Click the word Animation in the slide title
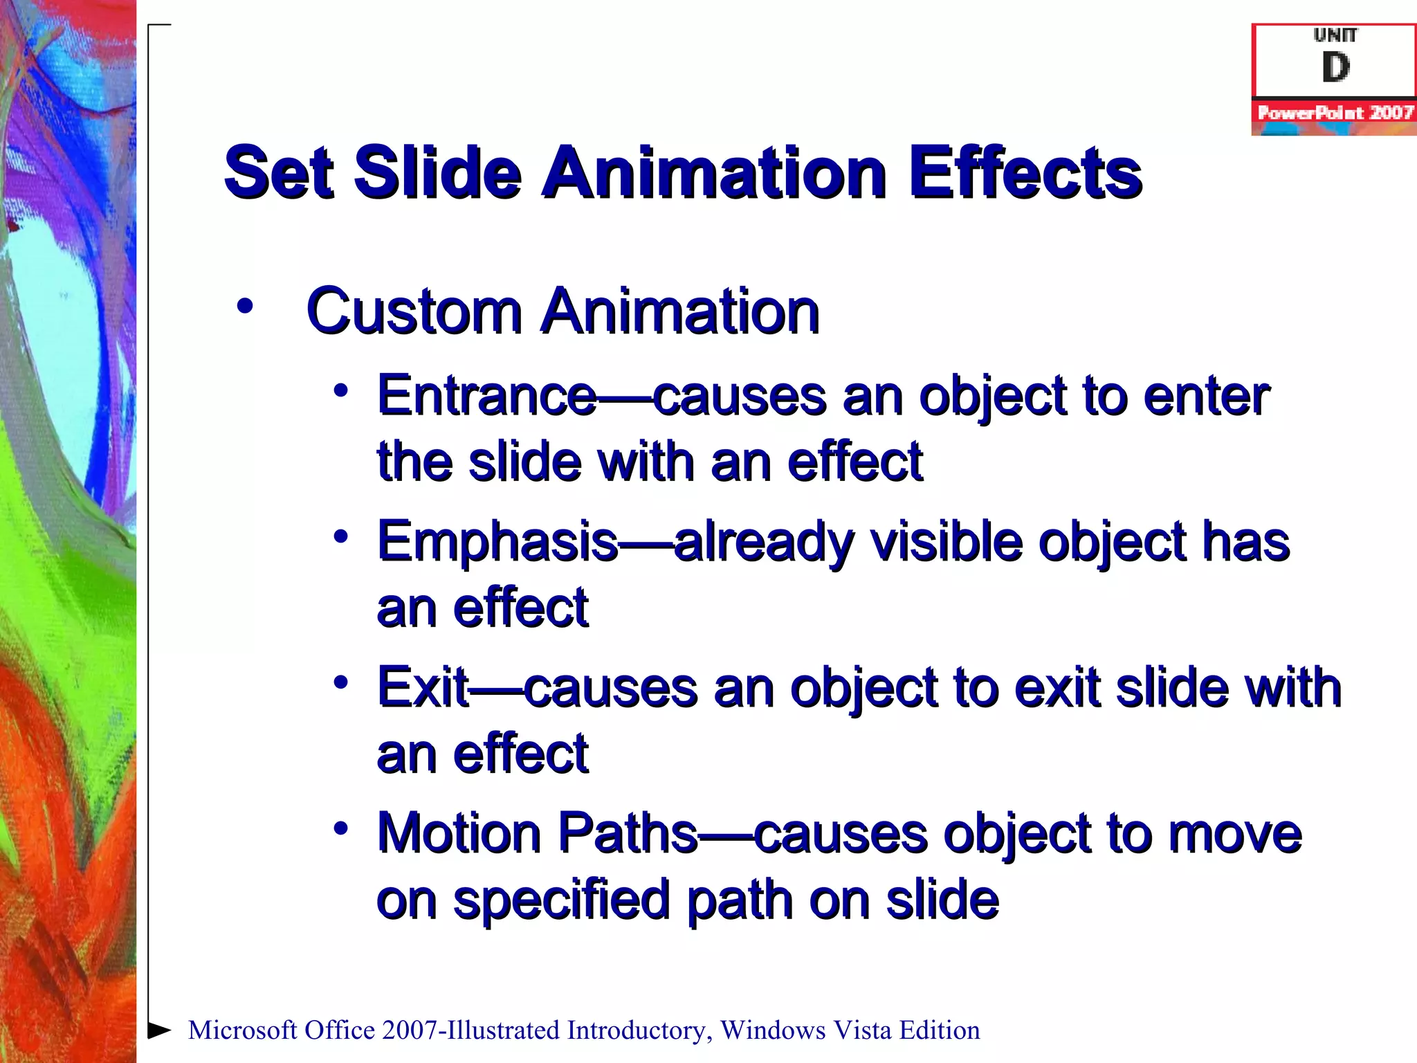coord(715,173)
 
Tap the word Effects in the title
coord(1025,173)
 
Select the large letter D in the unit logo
coord(1335,68)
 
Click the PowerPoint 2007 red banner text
coord(1335,113)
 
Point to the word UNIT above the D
coord(1335,35)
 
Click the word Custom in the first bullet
coord(413,311)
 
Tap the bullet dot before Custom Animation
coord(244,306)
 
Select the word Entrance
coord(486,396)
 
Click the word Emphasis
coord(497,542)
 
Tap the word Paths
coord(628,833)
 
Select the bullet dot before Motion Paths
coord(340,828)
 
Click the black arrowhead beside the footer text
coord(159,1030)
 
